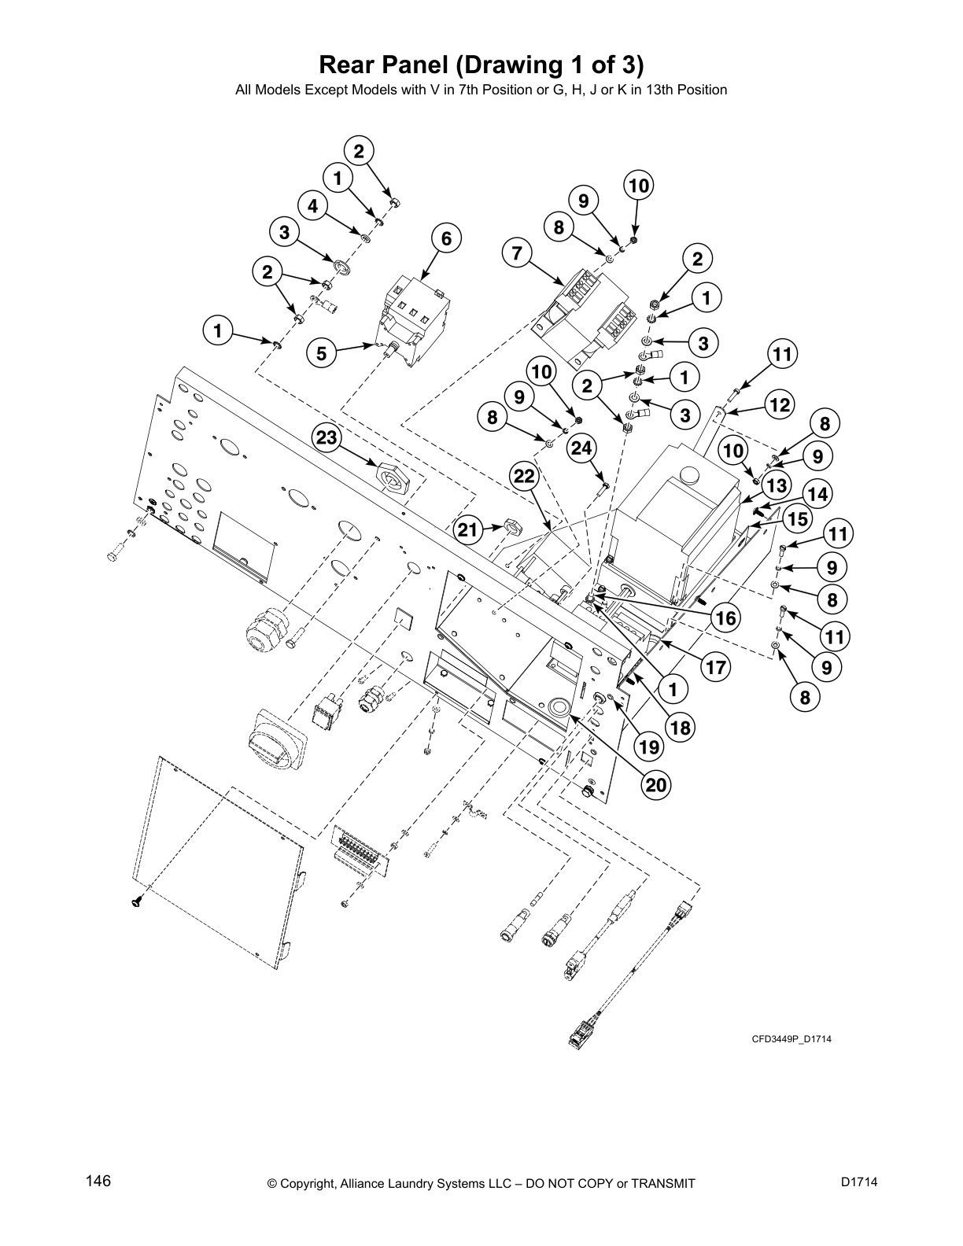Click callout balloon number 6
click(x=446, y=239)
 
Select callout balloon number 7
click(x=516, y=253)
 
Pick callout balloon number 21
click(x=468, y=530)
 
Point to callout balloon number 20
click(x=656, y=784)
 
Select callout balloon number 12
click(x=779, y=405)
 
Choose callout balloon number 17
click(x=715, y=667)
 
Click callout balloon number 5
click(x=321, y=353)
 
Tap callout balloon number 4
click(x=312, y=206)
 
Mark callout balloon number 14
click(x=817, y=494)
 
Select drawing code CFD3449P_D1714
click(x=791, y=1039)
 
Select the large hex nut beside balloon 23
click(x=395, y=477)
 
